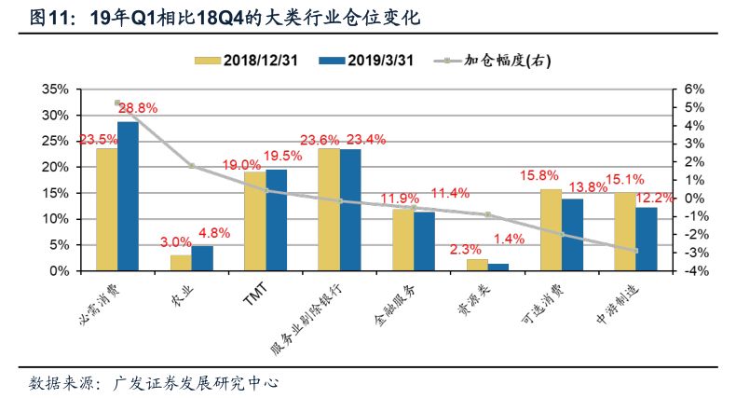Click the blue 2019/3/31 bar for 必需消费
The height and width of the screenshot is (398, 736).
(x=128, y=197)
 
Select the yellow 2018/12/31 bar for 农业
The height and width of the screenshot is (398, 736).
(x=181, y=262)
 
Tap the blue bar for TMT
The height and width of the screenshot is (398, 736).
(x=276, y=220)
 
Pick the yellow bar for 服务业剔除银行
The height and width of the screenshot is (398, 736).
(x=329, y=210)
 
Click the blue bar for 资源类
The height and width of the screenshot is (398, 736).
(x=498, y=267)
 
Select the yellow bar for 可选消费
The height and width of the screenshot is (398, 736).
(x=551, y=229)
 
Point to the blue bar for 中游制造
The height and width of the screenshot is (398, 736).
(x=647, y=239)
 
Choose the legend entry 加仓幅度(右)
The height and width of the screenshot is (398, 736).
(x=494, y=61)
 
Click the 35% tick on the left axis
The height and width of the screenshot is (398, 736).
(x=56, y=89)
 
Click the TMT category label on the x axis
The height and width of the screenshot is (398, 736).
(x=254, y=296)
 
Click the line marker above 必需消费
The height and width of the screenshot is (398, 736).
(x=117, y=103)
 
